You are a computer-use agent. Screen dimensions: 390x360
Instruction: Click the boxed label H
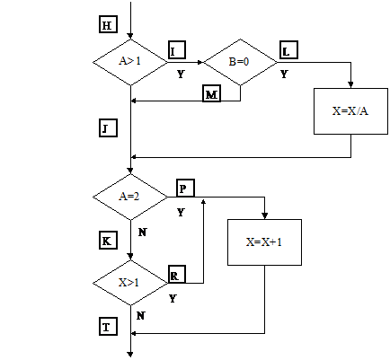click(x=108, y=24)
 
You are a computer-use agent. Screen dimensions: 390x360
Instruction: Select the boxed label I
click(x=177, y=49)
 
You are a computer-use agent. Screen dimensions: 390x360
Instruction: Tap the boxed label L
click(x=289, y=49)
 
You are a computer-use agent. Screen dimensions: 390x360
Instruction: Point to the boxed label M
click(x=211, y=93)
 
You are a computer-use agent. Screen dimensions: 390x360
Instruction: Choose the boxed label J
click(x=108, y=128)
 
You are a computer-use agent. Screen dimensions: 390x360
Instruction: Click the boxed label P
click(x=185, y=188)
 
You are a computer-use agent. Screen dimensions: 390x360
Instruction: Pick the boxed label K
click(x=108, y=241)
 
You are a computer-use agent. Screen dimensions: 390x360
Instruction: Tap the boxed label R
click(x=177, y=274)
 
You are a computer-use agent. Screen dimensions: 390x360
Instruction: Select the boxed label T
click(x=108, y=327)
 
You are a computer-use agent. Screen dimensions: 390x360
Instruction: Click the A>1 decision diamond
click(x=130, y=62)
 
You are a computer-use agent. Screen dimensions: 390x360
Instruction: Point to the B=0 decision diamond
click(x=240, y=62)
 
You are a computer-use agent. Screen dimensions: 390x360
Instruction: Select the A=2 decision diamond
click(x=130, y=197)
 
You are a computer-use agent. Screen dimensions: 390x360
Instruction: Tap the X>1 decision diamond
click(x=130, y=283)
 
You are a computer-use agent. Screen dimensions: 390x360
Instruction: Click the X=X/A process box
click(x=350, y=111)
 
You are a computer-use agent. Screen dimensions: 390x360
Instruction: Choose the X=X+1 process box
click(x=264, y=242)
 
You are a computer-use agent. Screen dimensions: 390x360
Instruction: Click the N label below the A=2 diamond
click(x=143, y=232)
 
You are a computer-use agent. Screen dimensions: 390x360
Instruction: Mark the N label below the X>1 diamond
click(x=141, y=315)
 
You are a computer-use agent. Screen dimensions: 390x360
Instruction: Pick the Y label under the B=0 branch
click(x=284, y=74)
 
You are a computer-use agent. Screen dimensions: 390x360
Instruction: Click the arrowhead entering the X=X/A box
click(x=350, y=84)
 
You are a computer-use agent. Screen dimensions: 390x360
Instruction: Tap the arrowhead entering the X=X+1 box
click(x=264, y=215)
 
